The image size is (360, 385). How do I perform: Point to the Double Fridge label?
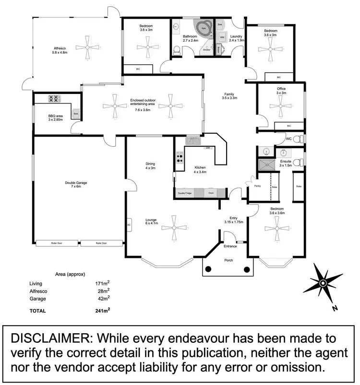click(185, 193)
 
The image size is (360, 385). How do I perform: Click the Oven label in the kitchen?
click(211, 193)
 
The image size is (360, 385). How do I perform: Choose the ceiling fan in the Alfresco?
click(88, 47)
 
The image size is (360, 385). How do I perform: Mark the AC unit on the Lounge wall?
click(129, 224)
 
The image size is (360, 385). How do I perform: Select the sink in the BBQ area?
click(75, 113)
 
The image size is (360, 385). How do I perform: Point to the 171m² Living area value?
click(102, 283)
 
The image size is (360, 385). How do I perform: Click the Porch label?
click(228, 261)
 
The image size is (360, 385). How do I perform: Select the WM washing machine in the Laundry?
click(222, 37)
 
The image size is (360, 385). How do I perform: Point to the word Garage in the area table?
click(38, 299)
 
